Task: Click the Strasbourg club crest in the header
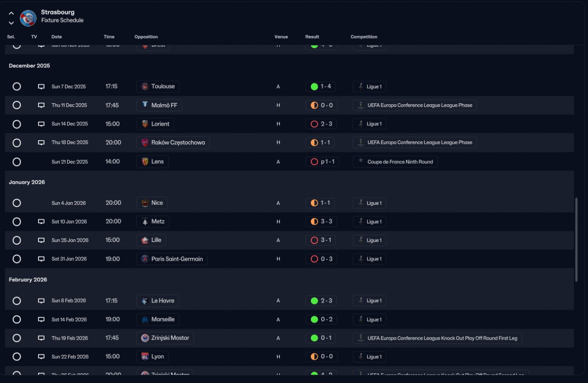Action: point(28,18)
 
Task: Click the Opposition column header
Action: point(146,37)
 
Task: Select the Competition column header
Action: point(364,37)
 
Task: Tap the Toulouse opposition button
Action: point(158,86)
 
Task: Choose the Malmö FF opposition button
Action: point(159,105)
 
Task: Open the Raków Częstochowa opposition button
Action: point(173,142)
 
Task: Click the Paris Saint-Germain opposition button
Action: point(172,259)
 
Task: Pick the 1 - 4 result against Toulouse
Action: point(321,86)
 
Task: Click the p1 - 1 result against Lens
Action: point(322,162)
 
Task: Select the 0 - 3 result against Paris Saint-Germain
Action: point(321,259)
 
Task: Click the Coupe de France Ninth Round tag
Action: point(395,162)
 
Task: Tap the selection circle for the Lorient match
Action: point(17,124)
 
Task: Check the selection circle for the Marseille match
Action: point(17,320)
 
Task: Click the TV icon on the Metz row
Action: point(41,222)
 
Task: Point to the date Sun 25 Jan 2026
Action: point(70,240)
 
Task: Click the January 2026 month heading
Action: point(27,182)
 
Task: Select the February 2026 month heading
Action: point(28,280)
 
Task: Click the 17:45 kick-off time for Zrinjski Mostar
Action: point(112,338)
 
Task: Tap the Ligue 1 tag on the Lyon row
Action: point(369,357)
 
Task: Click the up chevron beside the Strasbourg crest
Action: point(11,13)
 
